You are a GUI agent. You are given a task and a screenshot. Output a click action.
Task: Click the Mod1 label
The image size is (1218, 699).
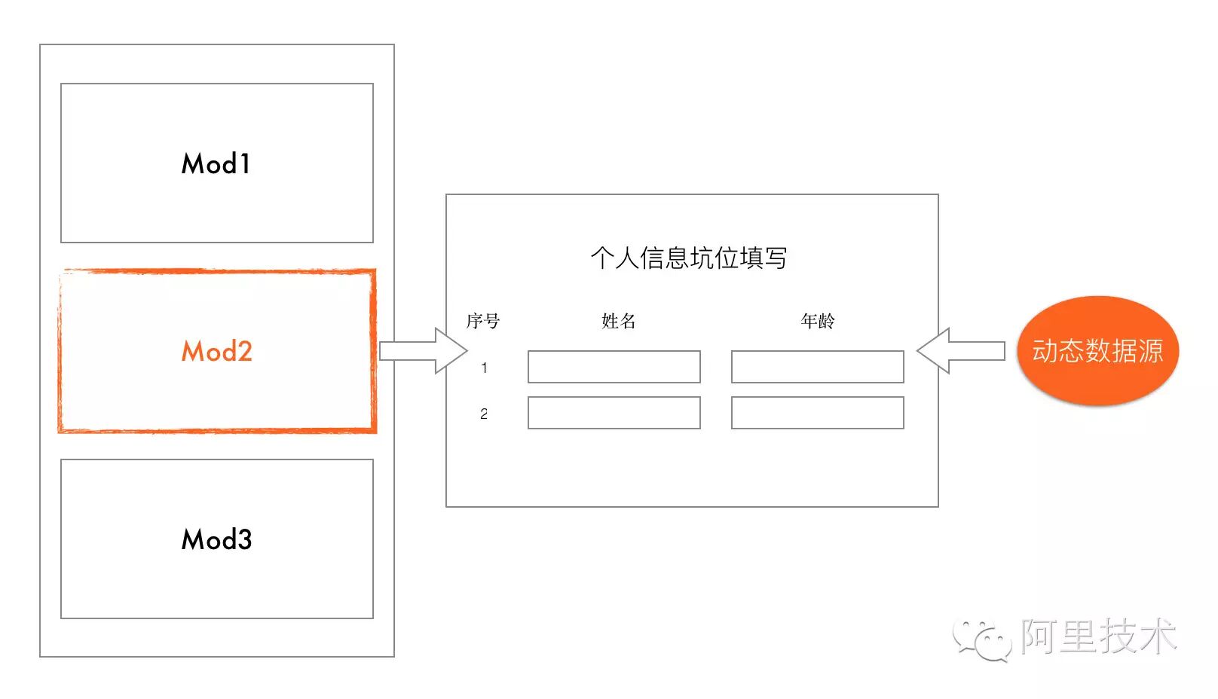point(216,163)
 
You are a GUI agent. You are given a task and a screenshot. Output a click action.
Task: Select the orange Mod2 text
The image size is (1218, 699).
point(216,351)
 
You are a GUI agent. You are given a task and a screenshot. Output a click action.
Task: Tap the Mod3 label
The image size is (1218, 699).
point(216,539)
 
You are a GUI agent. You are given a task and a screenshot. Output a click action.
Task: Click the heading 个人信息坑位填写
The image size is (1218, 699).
point(689,258)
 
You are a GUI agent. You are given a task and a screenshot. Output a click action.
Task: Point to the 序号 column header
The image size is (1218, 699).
point(482,321)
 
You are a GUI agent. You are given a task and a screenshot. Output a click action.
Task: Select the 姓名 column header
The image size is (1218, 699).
point(619,321)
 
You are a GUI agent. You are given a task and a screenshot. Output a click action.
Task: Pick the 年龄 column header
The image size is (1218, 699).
point(818,321)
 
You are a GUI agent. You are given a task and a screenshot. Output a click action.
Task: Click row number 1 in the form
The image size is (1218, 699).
point(484,368)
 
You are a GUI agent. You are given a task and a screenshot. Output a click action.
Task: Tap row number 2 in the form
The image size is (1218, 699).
point(484,414)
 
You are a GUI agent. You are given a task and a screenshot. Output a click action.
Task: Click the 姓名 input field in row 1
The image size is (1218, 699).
point(614,367)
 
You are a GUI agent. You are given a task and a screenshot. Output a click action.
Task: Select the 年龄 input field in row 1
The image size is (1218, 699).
point(817,367)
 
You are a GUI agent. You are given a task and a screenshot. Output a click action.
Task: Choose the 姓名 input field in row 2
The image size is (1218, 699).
point(614,413)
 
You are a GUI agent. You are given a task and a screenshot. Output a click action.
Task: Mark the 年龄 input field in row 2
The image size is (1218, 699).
point(817,413)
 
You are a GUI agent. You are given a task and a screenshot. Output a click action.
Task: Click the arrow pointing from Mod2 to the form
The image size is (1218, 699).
point(423,351)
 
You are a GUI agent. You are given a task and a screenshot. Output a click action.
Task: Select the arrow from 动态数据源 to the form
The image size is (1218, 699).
point(961,351)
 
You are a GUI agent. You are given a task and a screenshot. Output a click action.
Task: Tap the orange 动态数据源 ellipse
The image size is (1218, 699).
point(1097,351)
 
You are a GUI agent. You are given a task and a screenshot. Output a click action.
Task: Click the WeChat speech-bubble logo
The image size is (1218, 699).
point(982,639)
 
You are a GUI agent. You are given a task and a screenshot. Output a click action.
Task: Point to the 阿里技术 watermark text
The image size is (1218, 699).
point(1099,636)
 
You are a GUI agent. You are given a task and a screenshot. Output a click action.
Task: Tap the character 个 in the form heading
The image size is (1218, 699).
point(602,258)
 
